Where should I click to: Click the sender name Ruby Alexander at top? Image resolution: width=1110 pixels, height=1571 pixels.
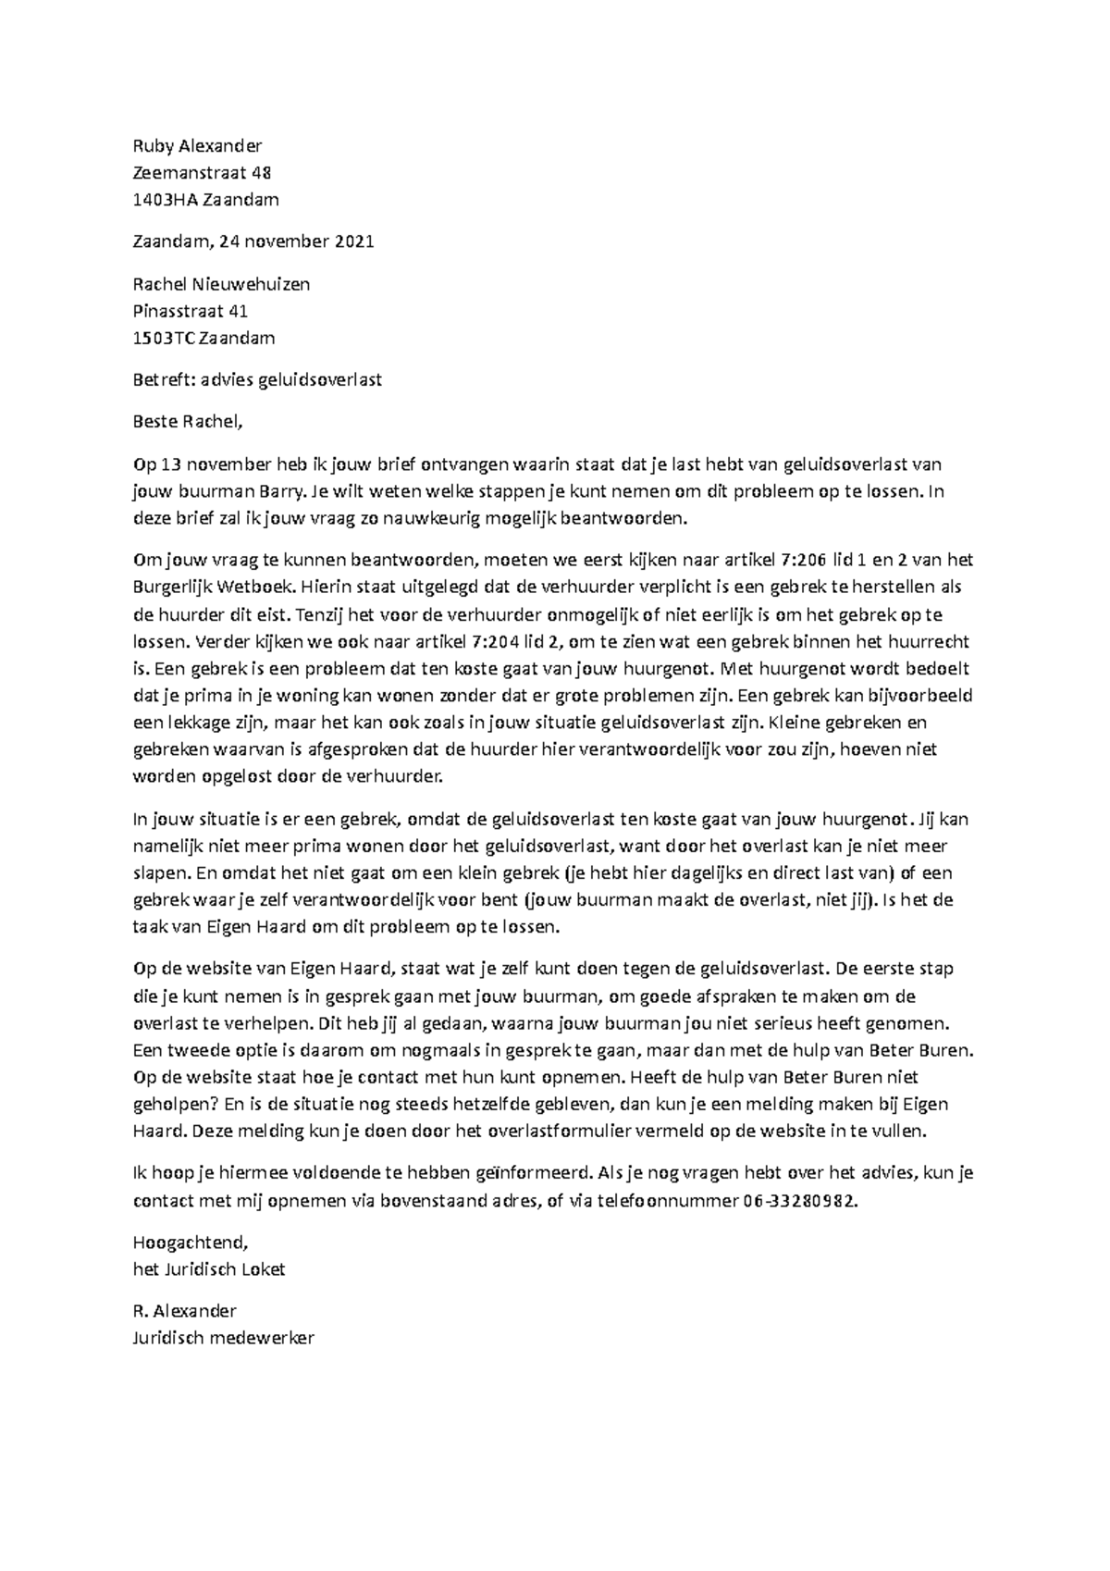[197, 145]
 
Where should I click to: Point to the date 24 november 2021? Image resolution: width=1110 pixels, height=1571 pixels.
[297, 241]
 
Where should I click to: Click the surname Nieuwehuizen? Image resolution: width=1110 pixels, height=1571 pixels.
[251, 284]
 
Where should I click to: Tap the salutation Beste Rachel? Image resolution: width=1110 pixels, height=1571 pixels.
[188, 423]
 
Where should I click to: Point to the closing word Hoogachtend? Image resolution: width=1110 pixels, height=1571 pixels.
[191, 1243]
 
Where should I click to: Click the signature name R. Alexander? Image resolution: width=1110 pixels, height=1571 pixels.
[184, 1311]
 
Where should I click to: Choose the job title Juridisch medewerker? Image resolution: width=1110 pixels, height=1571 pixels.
[224, 1338]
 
